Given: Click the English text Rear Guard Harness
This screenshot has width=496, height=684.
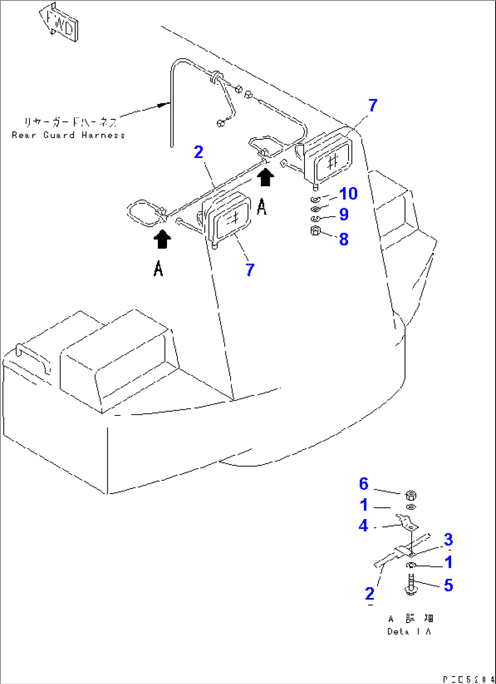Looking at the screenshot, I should [68, 135].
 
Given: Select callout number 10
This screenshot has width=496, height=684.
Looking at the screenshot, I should [348, 194].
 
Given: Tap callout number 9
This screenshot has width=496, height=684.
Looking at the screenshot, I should [344, 214].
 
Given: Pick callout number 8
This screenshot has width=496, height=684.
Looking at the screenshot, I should [344, 239].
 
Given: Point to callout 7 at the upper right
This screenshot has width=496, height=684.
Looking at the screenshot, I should [373, 105].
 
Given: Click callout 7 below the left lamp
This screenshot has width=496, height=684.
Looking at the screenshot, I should [250, 270].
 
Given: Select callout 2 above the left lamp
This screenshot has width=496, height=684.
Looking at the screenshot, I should [198, 152].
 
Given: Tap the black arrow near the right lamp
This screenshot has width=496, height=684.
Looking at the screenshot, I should [265, 177].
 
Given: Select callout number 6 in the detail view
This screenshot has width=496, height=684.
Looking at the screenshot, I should [364, 484].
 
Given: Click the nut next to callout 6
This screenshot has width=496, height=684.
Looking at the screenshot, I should [410, 495].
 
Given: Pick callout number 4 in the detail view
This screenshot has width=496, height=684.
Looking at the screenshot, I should [363, 526].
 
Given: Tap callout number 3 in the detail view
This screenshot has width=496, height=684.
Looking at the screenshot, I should [448, 540].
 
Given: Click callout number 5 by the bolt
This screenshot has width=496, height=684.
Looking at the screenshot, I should [448, 585].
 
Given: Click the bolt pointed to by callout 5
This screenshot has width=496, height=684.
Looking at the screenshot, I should [411, 585].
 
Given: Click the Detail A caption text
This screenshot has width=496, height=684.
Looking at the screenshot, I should [410, 632].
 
